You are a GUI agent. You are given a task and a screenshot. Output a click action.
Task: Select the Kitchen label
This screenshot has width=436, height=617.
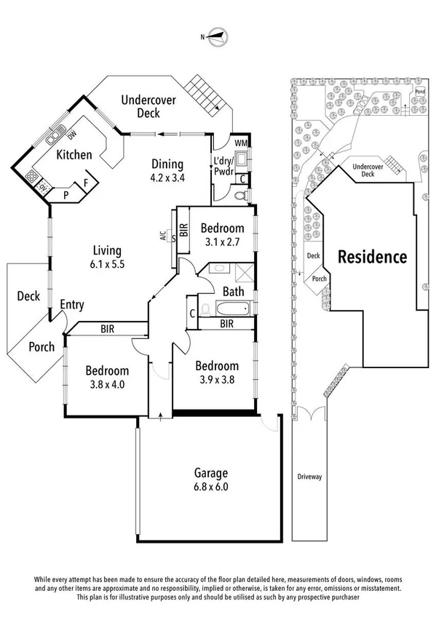coord(75,154)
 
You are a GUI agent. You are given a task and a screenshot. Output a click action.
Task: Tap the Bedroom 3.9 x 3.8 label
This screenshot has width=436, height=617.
coord(217,373)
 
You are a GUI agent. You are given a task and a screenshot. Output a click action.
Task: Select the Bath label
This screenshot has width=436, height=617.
coord(233,292)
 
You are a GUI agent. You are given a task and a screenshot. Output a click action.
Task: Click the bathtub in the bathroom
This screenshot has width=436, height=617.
coord(227,309)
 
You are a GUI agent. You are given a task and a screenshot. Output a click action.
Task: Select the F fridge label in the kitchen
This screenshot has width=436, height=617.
coord(85,184)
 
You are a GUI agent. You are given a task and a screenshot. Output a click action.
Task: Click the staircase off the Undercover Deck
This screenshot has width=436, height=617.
coord(202,97)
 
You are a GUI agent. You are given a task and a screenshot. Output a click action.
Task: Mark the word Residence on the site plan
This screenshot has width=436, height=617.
coord(370,257)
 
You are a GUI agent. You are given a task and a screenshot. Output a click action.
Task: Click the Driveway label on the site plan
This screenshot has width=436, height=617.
coord(309,477)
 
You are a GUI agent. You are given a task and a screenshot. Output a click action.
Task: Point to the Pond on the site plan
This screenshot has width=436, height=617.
coord(419,92)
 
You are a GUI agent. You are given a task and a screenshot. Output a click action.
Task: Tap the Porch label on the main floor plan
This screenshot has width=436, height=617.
coord(41,347)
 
